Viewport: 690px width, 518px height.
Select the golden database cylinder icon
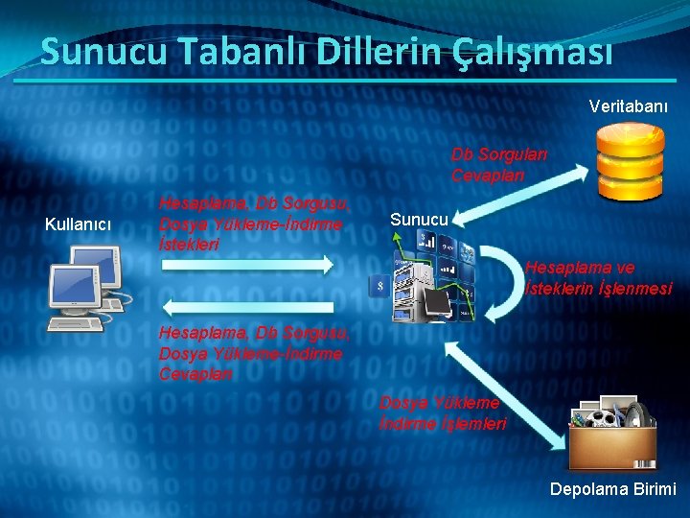click(629, 160)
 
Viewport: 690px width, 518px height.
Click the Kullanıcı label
click(79, 224)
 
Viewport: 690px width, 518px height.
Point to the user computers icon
click(86, 287)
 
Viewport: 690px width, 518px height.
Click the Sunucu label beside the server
click(419, 220)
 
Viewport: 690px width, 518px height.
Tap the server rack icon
click(424, 277)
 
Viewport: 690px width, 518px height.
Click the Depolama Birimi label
click(612, 489)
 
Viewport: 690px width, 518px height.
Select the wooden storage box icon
click(610, 436)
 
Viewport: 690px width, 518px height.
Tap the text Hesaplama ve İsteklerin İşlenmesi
click(598, 278)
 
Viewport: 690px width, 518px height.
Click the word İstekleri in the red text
click(189, 244)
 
